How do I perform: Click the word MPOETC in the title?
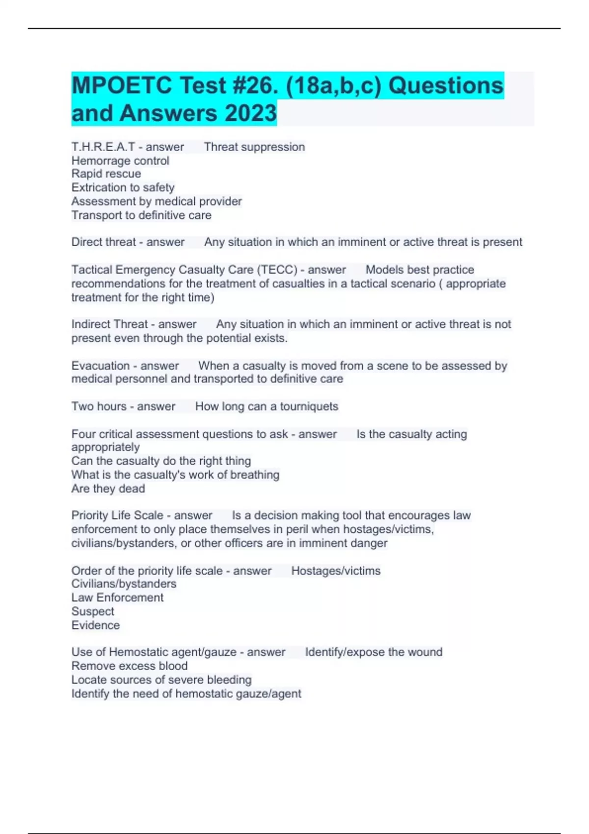[x=121, y=86]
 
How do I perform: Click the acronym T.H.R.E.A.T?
[x=103, y=147]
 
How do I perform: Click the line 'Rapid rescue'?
[x=106, y=174]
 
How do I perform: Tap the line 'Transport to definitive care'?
[x=141, y=215]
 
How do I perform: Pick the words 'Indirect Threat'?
[x=109, y=324]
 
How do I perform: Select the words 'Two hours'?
[x=99, y=406]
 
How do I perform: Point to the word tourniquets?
[x=309, y=406]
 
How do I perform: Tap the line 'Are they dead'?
[x=108, y=489]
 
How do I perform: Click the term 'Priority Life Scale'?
[x=117, y=515]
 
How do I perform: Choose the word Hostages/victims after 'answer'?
[x=336, y=571]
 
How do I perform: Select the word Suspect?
[x=93, y=611]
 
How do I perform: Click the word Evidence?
[x=95, y=625]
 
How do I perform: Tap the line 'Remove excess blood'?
[x=130, y=666]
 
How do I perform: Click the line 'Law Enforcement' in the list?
[x=117, y=598]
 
